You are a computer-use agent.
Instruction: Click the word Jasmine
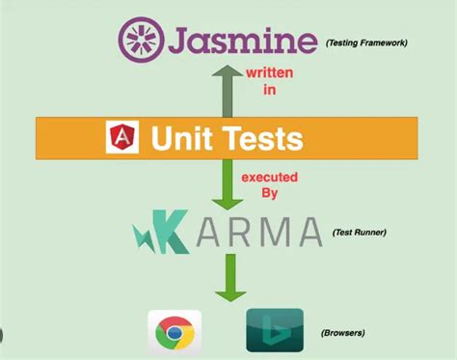[x=240, y=41]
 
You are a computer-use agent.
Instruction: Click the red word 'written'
[x=271, y=72]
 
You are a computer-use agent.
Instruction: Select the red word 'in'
[x=271, y=90]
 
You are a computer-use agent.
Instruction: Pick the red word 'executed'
[x=270, y=176]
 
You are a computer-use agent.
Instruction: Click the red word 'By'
[x=271, y=193]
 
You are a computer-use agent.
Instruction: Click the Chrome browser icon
[x=173, y=333]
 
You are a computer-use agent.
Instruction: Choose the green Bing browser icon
[x=274, y=331]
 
